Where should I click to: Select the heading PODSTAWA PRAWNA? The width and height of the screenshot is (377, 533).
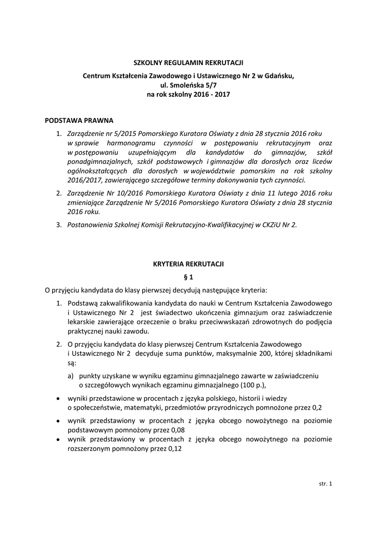pyautogui.click(x=79, y=120)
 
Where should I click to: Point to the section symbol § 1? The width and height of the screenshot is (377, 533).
pyautogui.click(x=188, y=277)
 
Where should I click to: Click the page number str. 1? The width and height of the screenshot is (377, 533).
pyautogui.click(x=325, y=484)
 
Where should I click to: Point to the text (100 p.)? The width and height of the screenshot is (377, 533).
pyautogui.click(x=252, y=385)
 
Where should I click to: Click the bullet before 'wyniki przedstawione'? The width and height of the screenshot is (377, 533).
pyautogui.click(x=57, y=398)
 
